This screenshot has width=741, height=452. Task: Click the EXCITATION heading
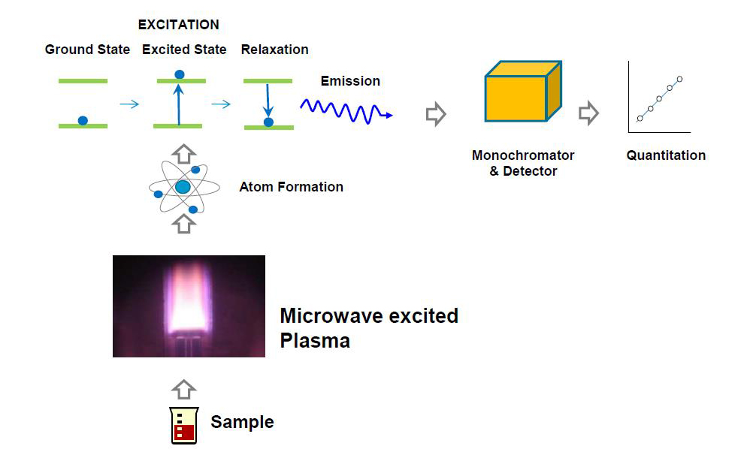point(179,25)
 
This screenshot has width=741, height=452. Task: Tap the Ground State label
point(87,49)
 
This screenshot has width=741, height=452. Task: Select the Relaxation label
point(274,49)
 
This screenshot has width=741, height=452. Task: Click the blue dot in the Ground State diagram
point(83,121)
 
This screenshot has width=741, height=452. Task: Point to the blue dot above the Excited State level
point(180,74)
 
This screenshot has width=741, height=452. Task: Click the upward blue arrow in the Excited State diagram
point(178,104)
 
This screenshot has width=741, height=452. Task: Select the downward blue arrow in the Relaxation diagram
point(268,101)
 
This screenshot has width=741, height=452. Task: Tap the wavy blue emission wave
point(346,111)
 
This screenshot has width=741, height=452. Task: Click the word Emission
point(350,81)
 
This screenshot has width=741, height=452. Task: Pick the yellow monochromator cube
point(523,91)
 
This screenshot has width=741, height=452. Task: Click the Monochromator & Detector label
point(523,163)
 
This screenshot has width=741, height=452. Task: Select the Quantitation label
point(666,155)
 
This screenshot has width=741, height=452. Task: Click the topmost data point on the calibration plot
point(679,79)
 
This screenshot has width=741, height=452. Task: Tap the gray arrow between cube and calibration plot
point(589,113)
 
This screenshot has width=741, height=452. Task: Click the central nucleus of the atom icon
point(183,187)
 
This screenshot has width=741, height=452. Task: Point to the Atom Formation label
point(291,186)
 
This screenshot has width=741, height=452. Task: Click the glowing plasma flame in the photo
point(188,299)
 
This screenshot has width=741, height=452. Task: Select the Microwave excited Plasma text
point(369,328)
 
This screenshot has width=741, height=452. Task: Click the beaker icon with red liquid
point(184,425)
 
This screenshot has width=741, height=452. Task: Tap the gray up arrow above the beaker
point(184,390)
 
